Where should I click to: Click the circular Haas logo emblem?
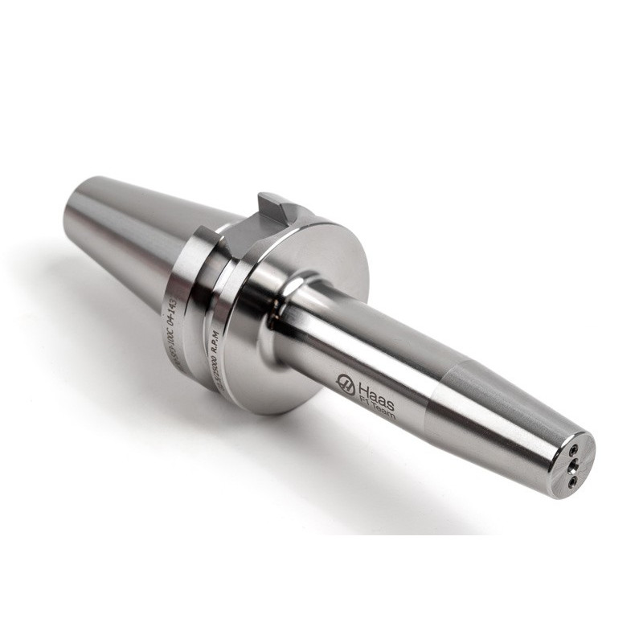click(x=346, y=384)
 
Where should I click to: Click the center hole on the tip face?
click(x=573, y=463)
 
